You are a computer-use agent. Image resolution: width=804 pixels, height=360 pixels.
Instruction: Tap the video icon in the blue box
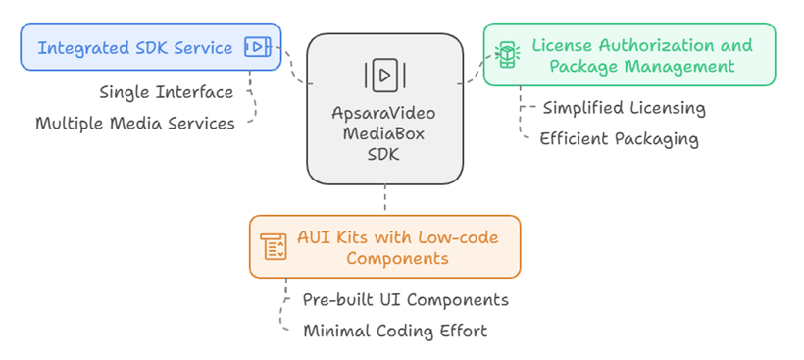click(255, 47)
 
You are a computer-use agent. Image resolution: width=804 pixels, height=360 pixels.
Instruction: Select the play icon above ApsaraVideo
click(384, 75)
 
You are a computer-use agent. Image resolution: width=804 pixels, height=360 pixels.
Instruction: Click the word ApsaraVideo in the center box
click(384, 113)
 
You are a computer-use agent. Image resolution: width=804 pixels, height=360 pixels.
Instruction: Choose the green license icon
click(507, 55)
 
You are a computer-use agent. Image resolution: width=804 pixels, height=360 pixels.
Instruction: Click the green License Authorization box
click(628, 55)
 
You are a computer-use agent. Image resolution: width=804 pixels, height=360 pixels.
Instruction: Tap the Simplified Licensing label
click(624, 108)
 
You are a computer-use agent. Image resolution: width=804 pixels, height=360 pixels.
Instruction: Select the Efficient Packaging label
click(619, 138)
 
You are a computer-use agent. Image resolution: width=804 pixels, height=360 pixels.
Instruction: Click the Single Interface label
click(167, 92)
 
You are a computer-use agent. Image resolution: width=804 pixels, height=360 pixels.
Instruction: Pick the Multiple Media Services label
click(135, 123)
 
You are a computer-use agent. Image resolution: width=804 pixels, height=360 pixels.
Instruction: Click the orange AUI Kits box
click(384, 247)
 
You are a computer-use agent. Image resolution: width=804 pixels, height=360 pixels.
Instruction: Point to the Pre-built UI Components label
click(405, 299)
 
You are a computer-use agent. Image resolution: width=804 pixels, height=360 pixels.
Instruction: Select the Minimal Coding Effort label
click(394, 331)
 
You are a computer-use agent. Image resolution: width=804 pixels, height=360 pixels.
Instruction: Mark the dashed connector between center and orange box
click(384, 199)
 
